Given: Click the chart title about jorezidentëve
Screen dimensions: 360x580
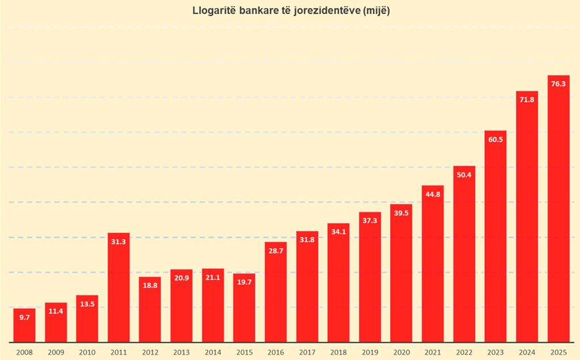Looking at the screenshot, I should click(290, 11).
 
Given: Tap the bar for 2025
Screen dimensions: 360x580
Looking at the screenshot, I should click(559, 209).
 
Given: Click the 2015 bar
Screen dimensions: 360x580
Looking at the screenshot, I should click(244, 307).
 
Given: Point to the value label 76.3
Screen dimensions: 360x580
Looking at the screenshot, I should click(559, 84).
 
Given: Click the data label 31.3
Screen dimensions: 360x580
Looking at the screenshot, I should click(119, 242).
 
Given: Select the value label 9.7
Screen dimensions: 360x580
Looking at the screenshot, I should click(25, 317).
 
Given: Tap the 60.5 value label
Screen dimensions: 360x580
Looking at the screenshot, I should click(495, 139).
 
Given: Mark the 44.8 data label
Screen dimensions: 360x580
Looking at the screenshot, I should click(433, 194).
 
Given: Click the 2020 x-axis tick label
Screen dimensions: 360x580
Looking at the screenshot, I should click(402, 351).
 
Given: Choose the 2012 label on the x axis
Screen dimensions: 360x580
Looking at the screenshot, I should click(150, 351).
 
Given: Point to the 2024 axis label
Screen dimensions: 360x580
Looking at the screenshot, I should click(527, 351).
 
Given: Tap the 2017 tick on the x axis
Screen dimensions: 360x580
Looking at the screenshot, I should click(307, 351).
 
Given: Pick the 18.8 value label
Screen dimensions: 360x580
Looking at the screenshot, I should click(150, 285).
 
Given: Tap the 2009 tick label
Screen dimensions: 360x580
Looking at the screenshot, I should click(56, 351).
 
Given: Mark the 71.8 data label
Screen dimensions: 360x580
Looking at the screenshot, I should click(527, 99).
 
